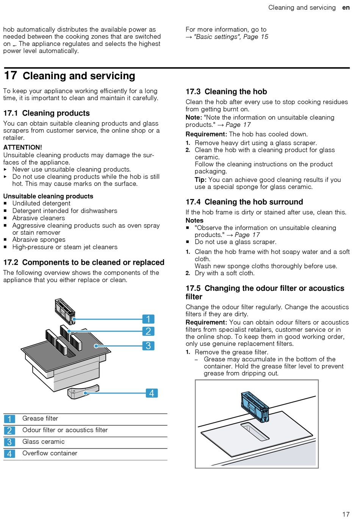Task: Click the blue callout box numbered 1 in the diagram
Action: [148, 319]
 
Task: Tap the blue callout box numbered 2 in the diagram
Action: [148, 331]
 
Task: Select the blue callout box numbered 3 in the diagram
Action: [148, 346]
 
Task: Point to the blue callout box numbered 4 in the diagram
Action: [152, 393]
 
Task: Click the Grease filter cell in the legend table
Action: [40, 419]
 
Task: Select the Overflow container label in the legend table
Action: [50, 453]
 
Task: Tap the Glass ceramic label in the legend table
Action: [43, 442]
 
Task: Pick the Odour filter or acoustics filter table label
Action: [65, 430]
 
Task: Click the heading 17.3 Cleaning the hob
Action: [226, 92]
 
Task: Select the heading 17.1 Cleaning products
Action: [47, 113]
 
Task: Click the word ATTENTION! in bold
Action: [23, 147]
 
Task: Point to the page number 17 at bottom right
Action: [346, 514]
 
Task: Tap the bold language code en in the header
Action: [346, 8]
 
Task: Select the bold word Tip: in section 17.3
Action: [200, 180]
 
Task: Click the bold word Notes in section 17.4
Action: [194, 221]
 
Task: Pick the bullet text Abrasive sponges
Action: [39, 240]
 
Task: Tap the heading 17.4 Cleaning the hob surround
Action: [244, 202]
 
